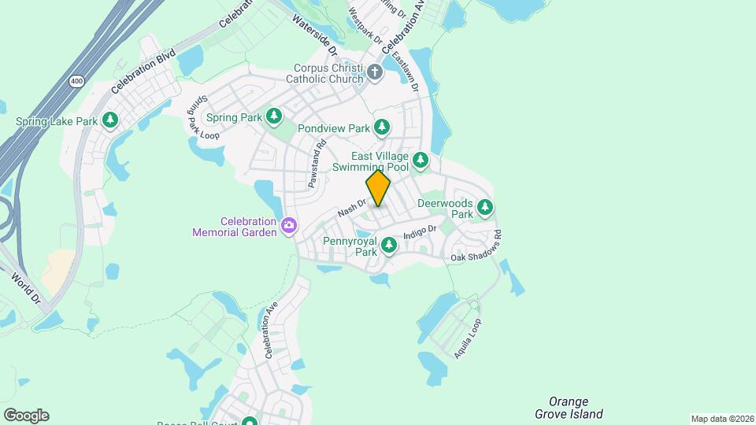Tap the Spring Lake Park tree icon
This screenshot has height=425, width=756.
111,120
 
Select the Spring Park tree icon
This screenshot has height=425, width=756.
274,117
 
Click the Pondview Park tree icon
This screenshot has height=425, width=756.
382,127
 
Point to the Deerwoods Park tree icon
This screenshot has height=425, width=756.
485,208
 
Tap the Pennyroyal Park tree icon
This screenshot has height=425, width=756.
388,246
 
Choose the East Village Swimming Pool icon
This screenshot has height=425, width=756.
421,161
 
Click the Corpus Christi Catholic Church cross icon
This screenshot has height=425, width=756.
375,73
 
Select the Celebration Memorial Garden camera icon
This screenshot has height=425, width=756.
289,227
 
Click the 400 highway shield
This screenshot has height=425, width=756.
76,80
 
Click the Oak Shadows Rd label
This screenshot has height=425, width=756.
476,247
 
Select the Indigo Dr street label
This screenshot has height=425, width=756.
420,232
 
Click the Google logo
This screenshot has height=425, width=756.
26,415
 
